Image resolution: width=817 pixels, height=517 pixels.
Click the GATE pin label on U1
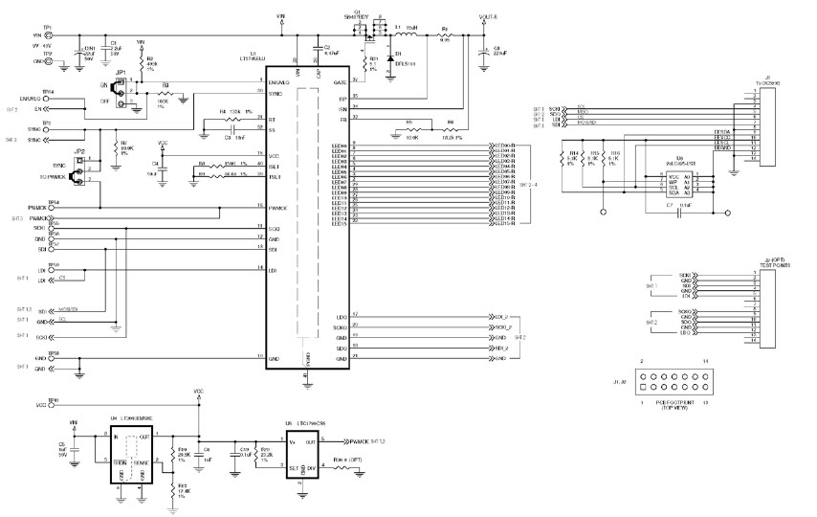coord(339,83)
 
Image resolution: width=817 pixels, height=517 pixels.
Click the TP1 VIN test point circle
coord(50,36)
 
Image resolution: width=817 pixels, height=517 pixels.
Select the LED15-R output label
coord(504,224)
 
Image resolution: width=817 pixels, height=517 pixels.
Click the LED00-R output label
coord(504,144)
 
